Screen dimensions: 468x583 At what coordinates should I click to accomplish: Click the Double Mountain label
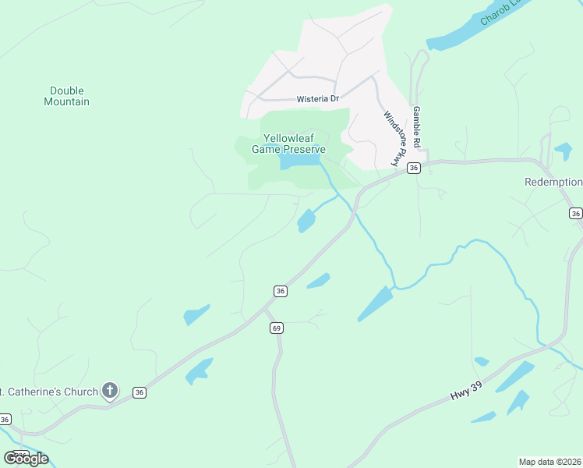[66, 96]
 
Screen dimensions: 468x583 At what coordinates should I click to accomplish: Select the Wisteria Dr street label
[318, 99]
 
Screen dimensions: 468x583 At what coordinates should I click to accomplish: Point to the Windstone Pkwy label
[396, 138]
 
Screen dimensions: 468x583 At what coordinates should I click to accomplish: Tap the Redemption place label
[553, 182]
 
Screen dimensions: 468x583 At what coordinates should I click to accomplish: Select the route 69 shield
[277, 328]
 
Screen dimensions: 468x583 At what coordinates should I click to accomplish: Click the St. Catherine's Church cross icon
[110, 391]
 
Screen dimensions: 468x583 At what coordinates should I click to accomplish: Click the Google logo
[26, 458]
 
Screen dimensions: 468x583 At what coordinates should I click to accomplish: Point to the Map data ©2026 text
[549, 461]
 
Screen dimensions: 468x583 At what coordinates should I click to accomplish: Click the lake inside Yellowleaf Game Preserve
[299, 161]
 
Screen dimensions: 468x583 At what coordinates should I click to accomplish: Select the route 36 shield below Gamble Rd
[414, 168]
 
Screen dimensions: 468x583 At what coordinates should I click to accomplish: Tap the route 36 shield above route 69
[281, 291]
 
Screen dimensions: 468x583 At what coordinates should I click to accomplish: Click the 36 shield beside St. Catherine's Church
[139, 392]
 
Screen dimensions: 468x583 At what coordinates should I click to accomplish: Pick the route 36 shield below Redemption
[575, 213]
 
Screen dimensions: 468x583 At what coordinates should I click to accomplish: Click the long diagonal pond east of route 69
[376, 303]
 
